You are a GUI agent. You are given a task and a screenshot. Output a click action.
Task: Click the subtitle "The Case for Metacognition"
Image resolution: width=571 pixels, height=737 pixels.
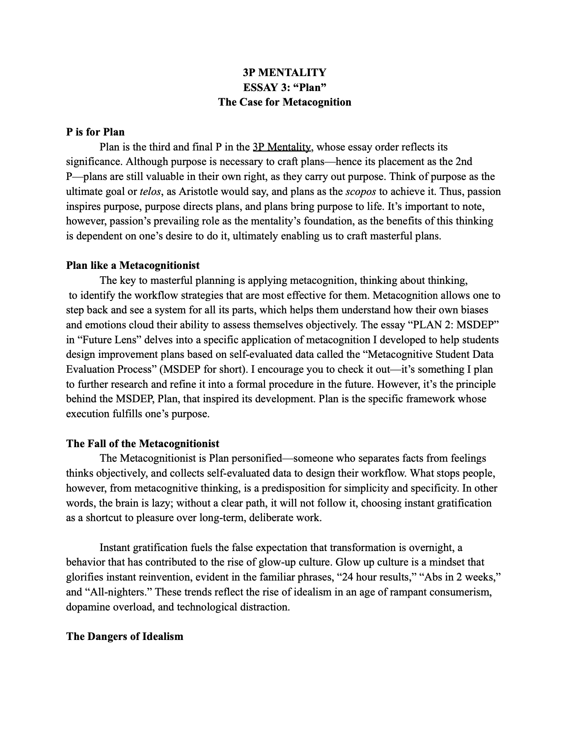[x=285, y=102]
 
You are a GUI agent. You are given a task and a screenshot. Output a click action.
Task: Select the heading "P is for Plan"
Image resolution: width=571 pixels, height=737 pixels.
[x=95, y=132]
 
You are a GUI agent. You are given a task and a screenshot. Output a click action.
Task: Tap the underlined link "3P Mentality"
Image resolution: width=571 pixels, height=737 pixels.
[x=282, y=147]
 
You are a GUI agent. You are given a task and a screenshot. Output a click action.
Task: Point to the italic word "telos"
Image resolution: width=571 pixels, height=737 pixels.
[x=150, y=192]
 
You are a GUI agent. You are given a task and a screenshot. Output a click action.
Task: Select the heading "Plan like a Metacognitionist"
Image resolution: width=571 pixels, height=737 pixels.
[x=132, y=265]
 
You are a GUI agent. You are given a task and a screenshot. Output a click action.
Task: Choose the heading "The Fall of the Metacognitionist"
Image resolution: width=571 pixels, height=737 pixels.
[x=143, y=444]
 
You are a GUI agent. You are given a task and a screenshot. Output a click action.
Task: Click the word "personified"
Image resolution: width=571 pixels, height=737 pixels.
[x=257, y=459]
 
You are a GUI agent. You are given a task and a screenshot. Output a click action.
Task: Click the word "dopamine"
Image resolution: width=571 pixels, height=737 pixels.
[x=87, y=607]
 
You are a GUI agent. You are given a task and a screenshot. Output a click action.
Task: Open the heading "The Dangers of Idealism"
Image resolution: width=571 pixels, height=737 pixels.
[x=124, y=637]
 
